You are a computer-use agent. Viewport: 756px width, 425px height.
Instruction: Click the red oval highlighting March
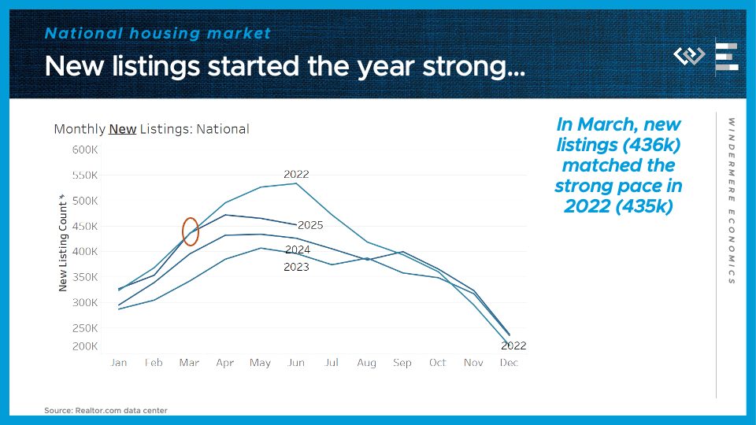click(x=190, y=231)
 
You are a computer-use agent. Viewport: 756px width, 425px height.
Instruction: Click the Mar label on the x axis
click(x=189, y=363)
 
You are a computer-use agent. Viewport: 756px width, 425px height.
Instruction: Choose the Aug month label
click(x=367, y=363)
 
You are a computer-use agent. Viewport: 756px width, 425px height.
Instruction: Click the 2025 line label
click(x=310, y=225)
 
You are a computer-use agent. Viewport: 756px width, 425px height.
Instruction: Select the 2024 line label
click(x=297, y=249)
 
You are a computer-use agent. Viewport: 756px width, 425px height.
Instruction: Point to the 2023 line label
click(x=296, y=268)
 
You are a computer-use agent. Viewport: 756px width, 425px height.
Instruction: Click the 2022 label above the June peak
click(x=296, y=174)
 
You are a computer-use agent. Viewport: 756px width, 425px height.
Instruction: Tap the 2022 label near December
click(x=513, y=346)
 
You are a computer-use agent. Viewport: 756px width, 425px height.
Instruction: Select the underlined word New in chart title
click(x=122, y=129)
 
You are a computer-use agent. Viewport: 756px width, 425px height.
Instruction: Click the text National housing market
click(x=157, y=33)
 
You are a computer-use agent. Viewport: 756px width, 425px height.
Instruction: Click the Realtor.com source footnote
click(x=106, y=410)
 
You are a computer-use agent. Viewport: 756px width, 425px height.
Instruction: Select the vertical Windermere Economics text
click(x=732, y=201)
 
